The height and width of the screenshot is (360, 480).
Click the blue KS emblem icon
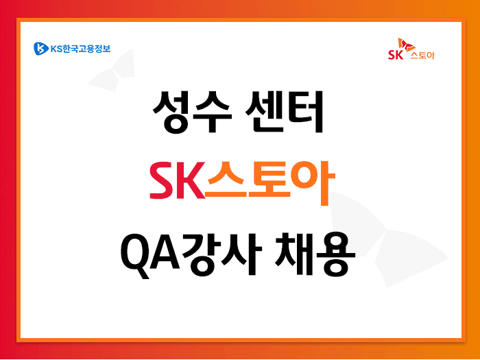(41, 49)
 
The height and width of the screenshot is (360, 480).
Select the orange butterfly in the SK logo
(406, 45)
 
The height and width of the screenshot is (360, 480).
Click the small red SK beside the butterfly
(396, 54)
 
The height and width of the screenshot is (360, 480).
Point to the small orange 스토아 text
(422, 55)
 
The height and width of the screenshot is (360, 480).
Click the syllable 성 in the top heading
(171, 112)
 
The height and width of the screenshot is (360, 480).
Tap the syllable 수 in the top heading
(212, 112)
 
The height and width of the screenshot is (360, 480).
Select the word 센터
(284, 112)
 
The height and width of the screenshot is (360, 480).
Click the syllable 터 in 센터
(304, 112)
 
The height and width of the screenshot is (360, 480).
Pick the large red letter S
(162, 180)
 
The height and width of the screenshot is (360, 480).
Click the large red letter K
(191, 180)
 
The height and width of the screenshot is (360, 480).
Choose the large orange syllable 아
(313, 183)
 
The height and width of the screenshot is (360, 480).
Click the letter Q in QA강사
(136, 256)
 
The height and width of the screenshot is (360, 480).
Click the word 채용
(315, 254)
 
